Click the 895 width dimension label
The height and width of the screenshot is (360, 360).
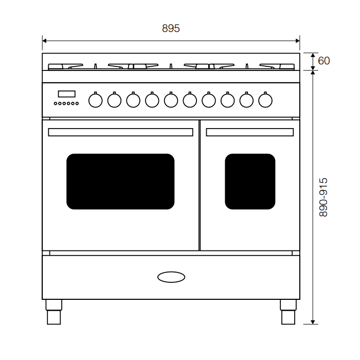click(171, 28)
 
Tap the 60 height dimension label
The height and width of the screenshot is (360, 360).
click(323, 61)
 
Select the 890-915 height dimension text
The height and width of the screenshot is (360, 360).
click(323, 197)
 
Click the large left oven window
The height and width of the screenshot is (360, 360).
click(120, 182)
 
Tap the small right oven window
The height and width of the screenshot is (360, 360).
click(250, 182)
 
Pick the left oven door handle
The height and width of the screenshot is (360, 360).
click(120, 132)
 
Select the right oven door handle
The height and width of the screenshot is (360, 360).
click(250, 132)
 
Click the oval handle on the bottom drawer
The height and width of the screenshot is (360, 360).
click(171, 277)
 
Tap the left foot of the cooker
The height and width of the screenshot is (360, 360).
click(53, 312)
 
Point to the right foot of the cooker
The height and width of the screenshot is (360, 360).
click(288, 312)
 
